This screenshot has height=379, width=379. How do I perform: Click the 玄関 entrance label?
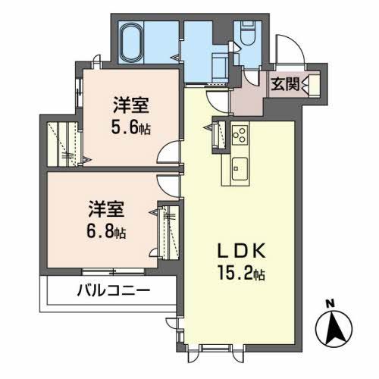pos(286,84)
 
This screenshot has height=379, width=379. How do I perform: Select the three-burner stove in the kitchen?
pos(239,136)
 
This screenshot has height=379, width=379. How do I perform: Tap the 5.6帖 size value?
pos(132,127)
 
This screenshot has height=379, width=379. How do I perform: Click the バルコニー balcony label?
pos(114,290)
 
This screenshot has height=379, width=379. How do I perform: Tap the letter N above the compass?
pos(330,305)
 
